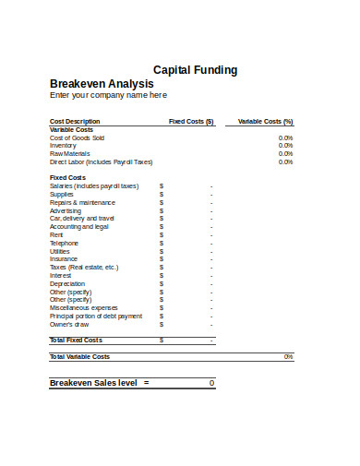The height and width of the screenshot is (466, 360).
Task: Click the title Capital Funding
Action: click(x=195, y=69)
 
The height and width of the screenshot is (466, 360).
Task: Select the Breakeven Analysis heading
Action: click(x=102, y=83)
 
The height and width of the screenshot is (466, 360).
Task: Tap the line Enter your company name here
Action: click(x=108, y=94)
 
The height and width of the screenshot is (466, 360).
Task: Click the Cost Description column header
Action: click(x=74, y=121)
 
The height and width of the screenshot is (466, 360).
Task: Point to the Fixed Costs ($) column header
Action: click(x=191, y=121)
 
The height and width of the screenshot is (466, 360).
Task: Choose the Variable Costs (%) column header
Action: click(x=265, y=121)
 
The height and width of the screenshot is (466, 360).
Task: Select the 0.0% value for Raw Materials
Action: click(x=285, y=153)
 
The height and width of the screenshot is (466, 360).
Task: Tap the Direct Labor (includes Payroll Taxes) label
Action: click(x=101, y=161)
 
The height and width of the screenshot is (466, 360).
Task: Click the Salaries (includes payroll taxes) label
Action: click(x=93, y=185)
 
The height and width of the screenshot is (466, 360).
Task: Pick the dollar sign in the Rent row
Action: click(x=162, y=234)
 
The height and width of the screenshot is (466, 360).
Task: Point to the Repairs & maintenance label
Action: click(x=82, y=202)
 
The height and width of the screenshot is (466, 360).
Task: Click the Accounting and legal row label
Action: click(x=78, y=226)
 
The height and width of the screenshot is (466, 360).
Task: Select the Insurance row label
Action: click(x=64, y=259)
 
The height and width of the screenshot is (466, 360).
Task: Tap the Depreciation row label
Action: click(x=67, y=283)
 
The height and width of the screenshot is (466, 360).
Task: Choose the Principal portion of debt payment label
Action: click(x=96, y=316)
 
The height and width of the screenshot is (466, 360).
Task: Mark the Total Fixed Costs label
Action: click(x=76, y=340)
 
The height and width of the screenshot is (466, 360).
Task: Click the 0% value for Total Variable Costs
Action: click(x=288, y=356)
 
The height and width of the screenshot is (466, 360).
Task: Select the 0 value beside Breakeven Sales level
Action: click(x=211, y=382)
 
